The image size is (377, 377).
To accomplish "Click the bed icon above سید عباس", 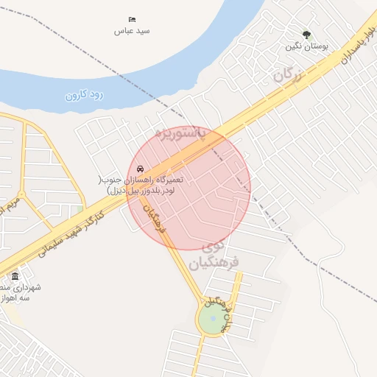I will pyautogui.click(x=132, y=19).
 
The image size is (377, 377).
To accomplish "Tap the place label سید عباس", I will pyautogui.click(x=132, y=31).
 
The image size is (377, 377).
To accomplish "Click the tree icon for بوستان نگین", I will pyautogui.click(x=307, y=35).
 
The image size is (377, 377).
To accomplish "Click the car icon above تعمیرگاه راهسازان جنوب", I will pyautogui.click(x=141, y=169).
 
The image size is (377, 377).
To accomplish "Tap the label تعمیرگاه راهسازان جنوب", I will pyautogui.click(x=141, y=185).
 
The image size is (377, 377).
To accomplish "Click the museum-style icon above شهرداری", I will pyautogui.click(x=15, y=276).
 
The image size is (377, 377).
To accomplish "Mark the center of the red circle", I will pyautogui.click(x=189, y=187).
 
